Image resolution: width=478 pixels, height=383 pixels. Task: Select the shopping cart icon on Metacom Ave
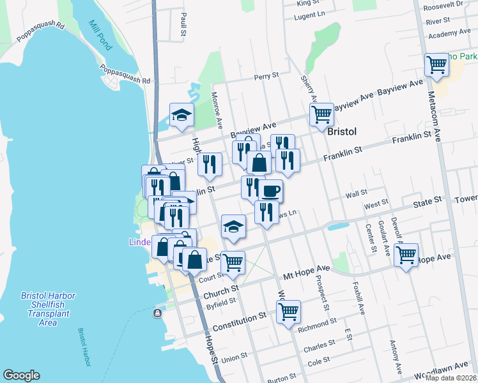pyautogui.click(x=437, y=64)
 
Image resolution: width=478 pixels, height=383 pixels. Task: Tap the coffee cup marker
pyautogui.click(x=270, y=190)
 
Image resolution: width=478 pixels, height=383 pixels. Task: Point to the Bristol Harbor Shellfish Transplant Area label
pyautogui.click(x=48, y=309)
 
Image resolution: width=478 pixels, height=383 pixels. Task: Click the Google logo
pyautogui.click(x=21, y=375)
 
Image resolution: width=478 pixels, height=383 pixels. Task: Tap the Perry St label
pyautogui.click(x=266, y=76)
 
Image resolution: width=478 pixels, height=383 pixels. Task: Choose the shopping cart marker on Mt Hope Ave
pyautogui.click(x=406, y=255)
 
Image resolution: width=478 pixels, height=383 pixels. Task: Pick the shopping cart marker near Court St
pyautogui.click(x=233, y=261)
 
